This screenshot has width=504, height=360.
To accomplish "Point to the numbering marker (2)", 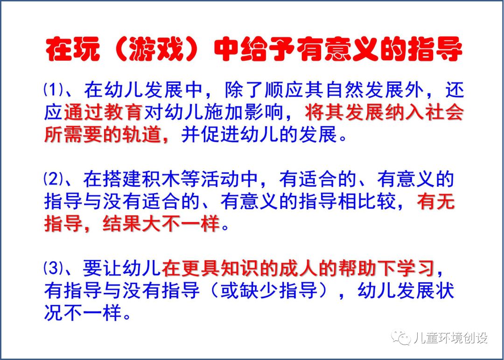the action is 53,179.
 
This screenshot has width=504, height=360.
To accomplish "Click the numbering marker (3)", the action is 53,268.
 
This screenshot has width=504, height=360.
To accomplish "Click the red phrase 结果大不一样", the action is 161,223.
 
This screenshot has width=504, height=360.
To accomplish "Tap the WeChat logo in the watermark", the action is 401,338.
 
